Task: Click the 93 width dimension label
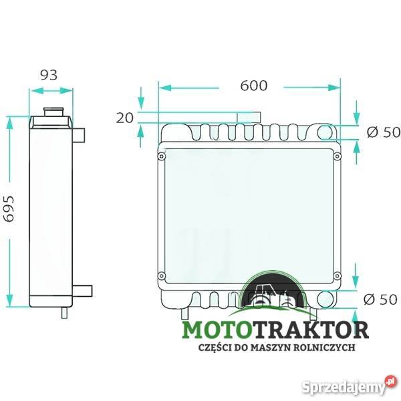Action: [49, 75]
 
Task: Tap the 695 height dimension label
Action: [9, 209]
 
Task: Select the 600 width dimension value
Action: [254, 86]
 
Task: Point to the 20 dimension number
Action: [125, 118]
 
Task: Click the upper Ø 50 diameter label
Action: [383, 132]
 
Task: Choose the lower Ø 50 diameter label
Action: [380, 299]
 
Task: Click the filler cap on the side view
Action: [53, 112]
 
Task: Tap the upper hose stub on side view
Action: [79, 135]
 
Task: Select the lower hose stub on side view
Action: [82, 291]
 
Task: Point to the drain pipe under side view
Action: [64, 313]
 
